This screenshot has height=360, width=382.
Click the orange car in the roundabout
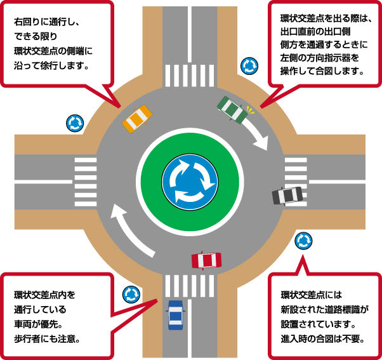(x=137, y=119)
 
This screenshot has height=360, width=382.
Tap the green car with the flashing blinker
(x=232, y=109)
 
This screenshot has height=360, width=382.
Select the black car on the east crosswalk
(x=287, y=196)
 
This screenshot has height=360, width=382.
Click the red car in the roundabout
(x=207, y=260)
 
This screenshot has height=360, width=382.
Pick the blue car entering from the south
(x=175, y=315)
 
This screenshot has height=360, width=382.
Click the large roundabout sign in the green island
(x=190, y=182)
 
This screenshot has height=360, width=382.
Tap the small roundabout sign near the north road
(x=249, y=66)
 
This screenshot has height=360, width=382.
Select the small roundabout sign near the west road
(x=75, y=123)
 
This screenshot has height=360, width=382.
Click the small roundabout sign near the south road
(x=131, y=295)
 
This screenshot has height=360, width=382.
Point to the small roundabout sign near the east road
(x=303, y=241)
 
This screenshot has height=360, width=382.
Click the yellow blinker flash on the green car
(x=250, y=110)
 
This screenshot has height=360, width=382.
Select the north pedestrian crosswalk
(x=190, y=76)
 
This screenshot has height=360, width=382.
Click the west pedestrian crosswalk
(x=86, y=182)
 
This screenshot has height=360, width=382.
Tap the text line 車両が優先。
(x=39, y=324)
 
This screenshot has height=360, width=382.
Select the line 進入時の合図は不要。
(x=322, y=339)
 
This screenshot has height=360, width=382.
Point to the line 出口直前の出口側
(x=315, y=32)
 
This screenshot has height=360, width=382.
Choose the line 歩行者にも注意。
(x=47, y=339)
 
